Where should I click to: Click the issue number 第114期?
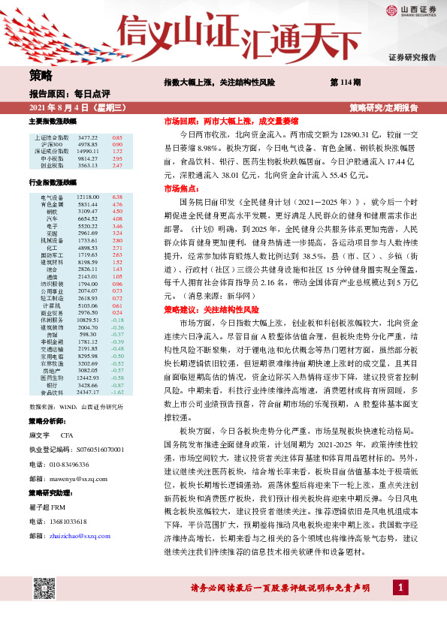(345, 81)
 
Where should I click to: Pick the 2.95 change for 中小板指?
(117, 158)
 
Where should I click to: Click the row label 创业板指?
(45, 165)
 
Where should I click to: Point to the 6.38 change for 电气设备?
(117, 197)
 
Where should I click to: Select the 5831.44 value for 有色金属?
(88, 203)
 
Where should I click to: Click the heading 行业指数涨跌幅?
(53, 182)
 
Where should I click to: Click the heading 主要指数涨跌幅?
(53, 121)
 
